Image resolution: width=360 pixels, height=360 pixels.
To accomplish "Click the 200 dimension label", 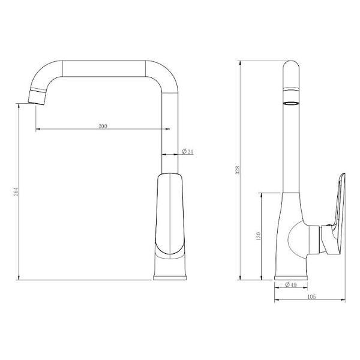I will click(x=102, y=126).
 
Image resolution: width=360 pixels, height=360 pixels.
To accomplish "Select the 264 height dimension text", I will click(x=16, y=193).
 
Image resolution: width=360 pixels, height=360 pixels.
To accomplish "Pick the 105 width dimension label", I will click(x=312, y=296).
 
